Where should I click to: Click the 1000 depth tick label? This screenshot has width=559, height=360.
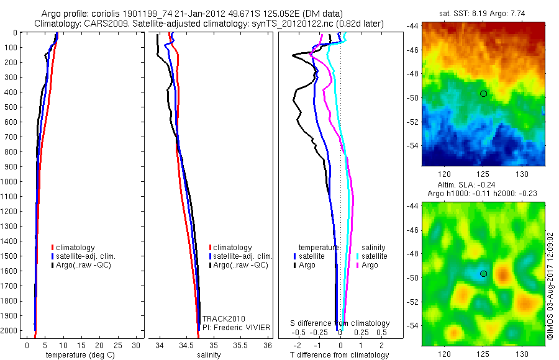click(10, 182)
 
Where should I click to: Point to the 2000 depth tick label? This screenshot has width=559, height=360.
click(10, 331)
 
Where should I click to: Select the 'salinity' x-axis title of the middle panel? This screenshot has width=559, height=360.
click(209, 355)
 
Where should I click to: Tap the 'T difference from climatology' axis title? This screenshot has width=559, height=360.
click(340, 355)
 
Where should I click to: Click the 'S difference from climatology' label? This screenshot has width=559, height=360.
click(340, 323)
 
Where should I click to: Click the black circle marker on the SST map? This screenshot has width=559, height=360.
click(483, 93)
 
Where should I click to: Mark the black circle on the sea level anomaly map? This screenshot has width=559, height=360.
click(483, 273)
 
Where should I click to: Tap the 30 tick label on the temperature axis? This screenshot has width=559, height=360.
click(137, 344)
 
